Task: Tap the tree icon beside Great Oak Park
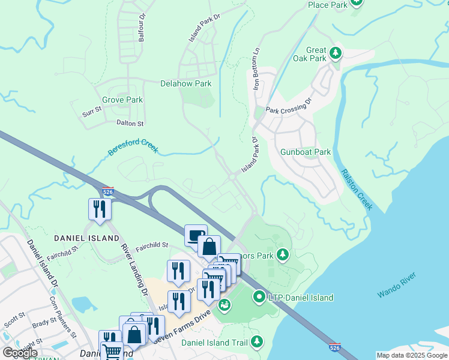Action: point(336,54)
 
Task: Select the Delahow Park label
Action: point(185,84)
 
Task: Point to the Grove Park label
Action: point(122,100)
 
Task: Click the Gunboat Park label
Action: point(306,152)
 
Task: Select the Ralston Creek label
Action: point(357,189)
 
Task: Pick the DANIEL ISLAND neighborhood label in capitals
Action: point(86,238)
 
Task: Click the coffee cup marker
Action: point(196,235)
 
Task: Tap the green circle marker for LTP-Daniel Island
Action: point(259,296)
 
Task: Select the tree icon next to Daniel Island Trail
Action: point(257,342)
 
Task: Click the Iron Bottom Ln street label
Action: point(257,69)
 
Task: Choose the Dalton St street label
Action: point(130,124)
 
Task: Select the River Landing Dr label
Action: point(134,269)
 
